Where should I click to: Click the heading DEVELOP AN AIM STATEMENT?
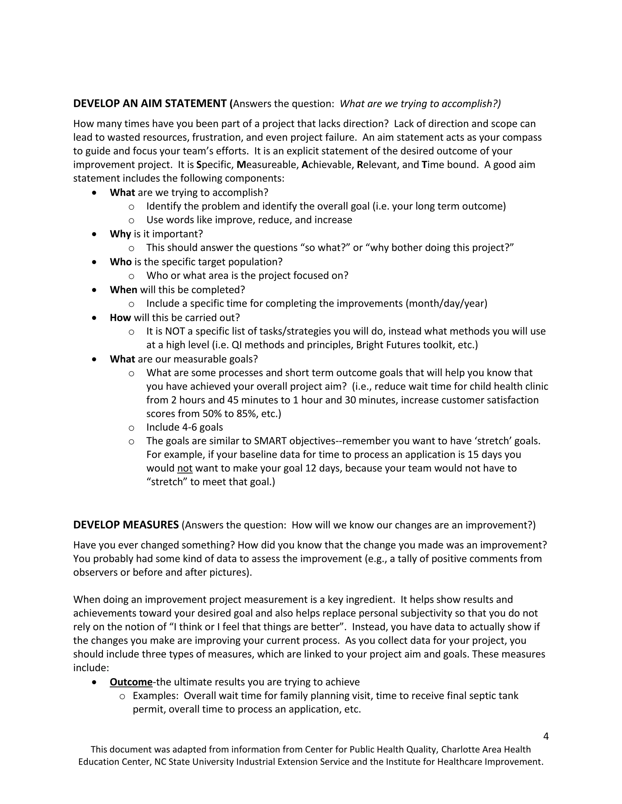point(150,104)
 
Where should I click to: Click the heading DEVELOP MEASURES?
point(126,525)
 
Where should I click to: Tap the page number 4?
point(546,736)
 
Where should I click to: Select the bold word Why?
point(120,234)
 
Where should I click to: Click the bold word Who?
point(121,262)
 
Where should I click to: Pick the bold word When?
point(123,290)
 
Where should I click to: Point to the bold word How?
point(120,318)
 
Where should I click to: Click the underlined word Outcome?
point(131,682)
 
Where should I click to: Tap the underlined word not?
point(185,468)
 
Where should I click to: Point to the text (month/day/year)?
point(446,304)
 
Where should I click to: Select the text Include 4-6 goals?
point(184,427)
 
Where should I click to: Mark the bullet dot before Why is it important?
point(95,234)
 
